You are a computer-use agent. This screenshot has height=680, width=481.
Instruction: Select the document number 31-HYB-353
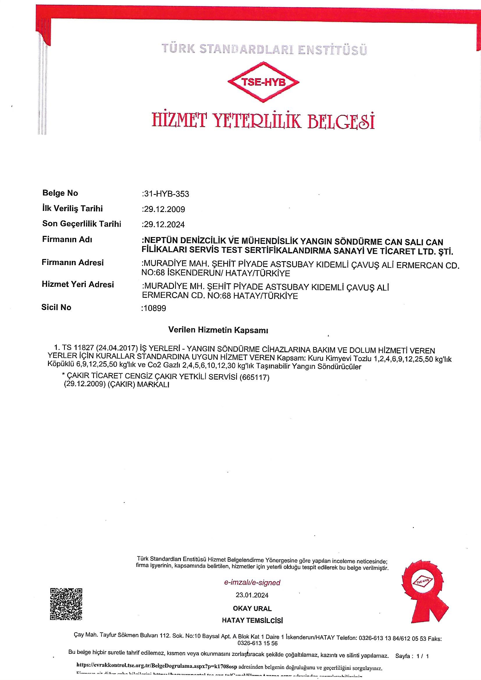(166, 194)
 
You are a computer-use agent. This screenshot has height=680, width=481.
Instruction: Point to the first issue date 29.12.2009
(164, 209)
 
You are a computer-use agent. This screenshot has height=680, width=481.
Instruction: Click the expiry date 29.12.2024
(164, 225)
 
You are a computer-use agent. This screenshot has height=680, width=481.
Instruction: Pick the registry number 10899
(154, 308)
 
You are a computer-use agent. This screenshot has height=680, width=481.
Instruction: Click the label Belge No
(60, 193)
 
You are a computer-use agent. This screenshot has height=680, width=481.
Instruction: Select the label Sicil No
(56, 307)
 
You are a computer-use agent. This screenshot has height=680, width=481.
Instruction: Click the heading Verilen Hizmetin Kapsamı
(218, 330)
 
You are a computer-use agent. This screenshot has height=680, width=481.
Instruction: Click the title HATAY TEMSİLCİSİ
(252, 620)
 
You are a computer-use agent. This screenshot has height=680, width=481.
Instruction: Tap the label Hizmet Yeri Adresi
(78, 285)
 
